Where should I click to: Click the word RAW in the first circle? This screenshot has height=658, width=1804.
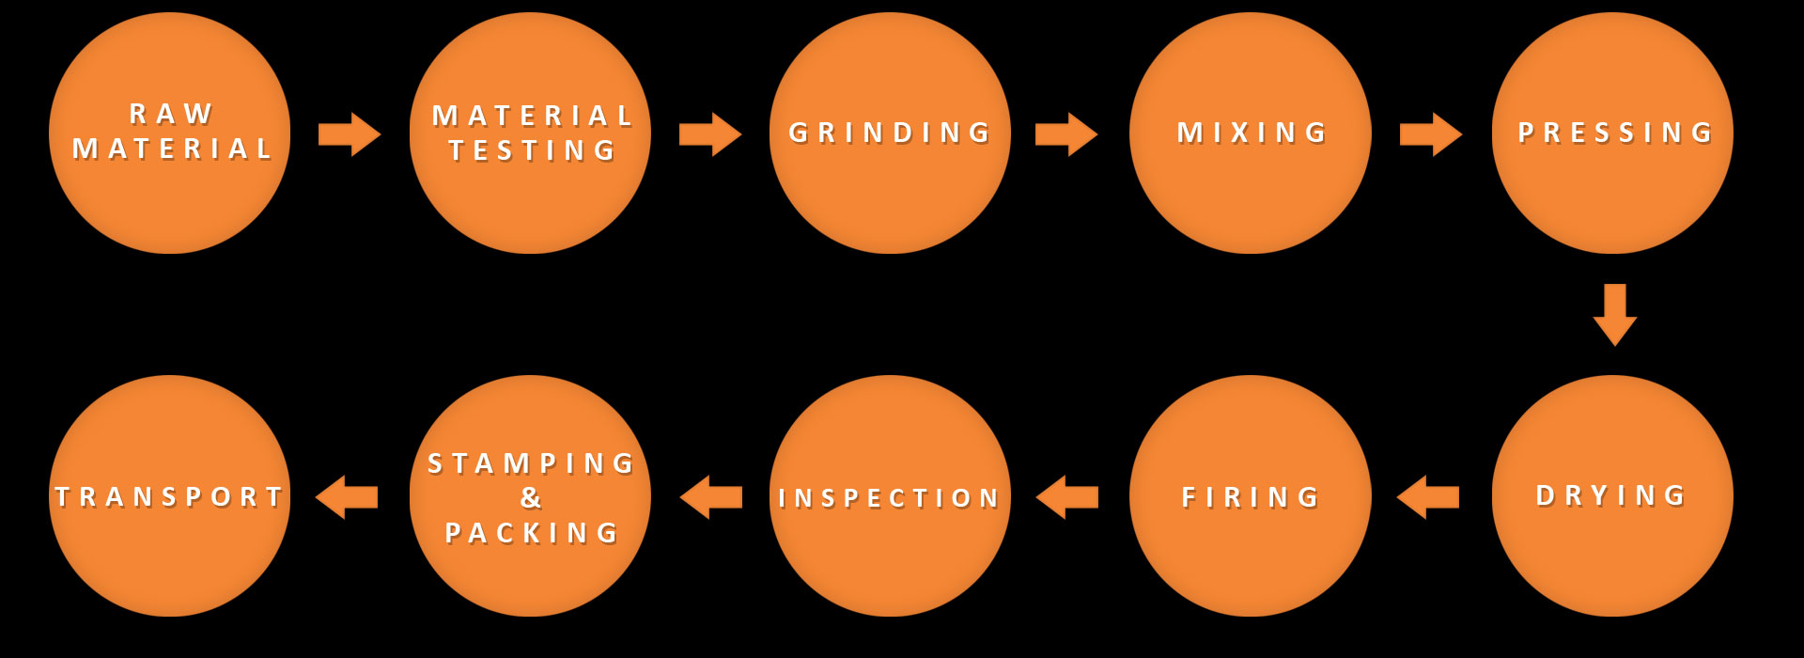point(171,114)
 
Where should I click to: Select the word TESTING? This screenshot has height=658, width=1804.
point(533,150)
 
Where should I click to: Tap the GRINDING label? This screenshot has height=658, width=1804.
point(890,133)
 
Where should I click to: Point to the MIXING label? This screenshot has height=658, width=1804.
point(1252,133)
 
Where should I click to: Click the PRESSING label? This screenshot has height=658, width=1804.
point(1615,133)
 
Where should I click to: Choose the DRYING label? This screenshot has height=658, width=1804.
point(1611,495)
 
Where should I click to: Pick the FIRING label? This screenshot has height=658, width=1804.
point(1251,496)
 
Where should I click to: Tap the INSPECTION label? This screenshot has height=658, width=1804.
point(889,497)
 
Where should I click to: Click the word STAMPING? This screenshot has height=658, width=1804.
point(532,463)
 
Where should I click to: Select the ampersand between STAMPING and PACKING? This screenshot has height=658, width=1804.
point(531,497)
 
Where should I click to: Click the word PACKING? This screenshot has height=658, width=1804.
point(532,533)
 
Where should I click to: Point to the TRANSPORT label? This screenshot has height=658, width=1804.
point(170,496)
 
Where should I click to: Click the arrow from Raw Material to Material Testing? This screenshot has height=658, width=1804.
point(350,134)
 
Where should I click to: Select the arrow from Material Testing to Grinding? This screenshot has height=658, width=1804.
point(710,134)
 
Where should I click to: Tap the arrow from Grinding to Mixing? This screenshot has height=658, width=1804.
point(1066,134)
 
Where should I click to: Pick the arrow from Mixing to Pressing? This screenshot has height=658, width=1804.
point(1431,134)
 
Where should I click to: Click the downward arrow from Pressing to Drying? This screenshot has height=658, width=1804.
point(1615,315)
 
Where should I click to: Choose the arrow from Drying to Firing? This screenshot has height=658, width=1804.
point(1428,497)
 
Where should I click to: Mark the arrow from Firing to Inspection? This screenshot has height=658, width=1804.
point(1067,497)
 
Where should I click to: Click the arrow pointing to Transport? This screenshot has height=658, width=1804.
point(347,497)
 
